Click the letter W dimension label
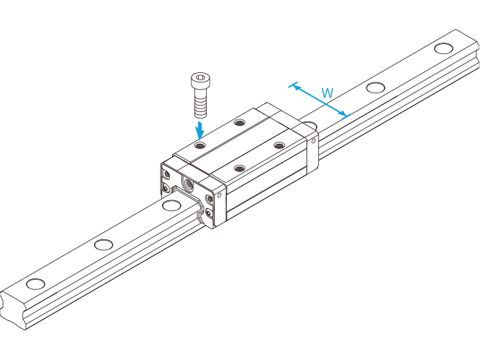point(327,93)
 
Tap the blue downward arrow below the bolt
point(200,130)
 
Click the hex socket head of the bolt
point(200,80)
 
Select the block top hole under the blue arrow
point(200,145)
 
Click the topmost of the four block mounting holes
point(240,123)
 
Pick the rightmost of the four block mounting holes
point(278,145)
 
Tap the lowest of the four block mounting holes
point(239,168)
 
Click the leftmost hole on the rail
point(36,284)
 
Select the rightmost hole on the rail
point(443,48)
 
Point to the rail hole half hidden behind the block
point(310,124)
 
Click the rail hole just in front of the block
point(171,205)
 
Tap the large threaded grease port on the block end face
point(187,184)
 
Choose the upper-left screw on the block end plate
point(167,174)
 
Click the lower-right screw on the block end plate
point(209,213)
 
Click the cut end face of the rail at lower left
point(13,309)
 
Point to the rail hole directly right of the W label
point(376,87)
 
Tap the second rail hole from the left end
point(103,244)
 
